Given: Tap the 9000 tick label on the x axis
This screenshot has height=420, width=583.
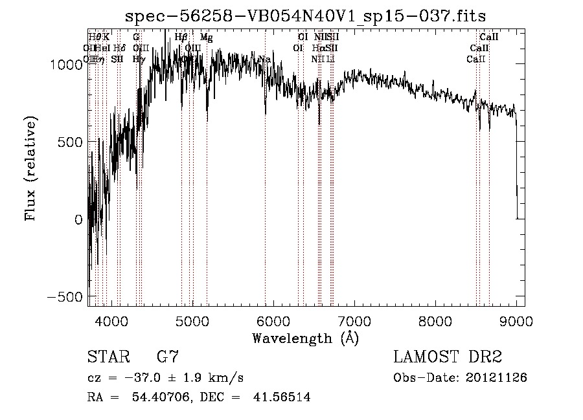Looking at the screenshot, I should click(516, 320).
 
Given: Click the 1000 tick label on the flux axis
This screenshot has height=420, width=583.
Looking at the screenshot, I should click(68, 64).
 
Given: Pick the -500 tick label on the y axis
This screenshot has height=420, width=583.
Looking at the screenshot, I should click(65, 296).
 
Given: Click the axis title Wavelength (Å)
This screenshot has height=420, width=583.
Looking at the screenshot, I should click(305, 337).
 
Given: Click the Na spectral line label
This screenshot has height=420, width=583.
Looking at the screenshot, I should click(264, 60).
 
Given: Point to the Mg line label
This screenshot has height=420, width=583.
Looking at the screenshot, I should click(206, 38).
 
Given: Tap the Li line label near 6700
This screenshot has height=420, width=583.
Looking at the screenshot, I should click(330, 59).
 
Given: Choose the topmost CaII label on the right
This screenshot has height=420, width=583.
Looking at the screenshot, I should click(488, 38).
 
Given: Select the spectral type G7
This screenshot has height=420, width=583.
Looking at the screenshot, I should click(168, 357).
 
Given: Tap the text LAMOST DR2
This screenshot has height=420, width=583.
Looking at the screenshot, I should click(448, 357).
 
